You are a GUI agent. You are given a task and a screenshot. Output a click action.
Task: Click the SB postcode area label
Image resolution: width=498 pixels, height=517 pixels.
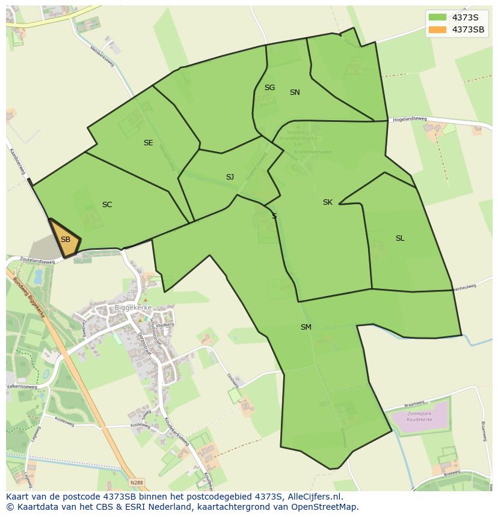point(66,240)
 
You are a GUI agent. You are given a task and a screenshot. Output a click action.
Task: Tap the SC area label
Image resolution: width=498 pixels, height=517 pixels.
point(107,205)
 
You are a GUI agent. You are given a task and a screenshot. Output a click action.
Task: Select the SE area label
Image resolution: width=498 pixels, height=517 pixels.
point(148,143)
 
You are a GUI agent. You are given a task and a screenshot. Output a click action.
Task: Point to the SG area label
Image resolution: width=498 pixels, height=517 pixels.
point(269,88)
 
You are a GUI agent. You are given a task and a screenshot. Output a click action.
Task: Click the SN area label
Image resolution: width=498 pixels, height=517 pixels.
point(295,92)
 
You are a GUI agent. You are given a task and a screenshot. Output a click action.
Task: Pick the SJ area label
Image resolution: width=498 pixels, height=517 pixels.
point(230,177)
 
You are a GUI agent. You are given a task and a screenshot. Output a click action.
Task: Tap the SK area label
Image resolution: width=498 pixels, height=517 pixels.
point(327,202)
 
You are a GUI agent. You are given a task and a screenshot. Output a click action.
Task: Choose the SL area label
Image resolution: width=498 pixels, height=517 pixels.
point(400,238)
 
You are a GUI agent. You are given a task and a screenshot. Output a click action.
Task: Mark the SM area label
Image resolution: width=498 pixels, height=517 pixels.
point(306,327)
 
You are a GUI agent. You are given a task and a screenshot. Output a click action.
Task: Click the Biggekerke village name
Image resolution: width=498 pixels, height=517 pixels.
point(133,307)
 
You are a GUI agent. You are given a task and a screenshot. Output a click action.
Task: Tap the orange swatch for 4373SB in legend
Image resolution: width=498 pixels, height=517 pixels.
point(438,29)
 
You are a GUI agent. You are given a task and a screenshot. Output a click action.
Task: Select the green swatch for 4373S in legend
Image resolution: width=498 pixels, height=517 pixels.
point(438,17)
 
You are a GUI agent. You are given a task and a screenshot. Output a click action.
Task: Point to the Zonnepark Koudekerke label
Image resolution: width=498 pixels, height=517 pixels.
point(420,417)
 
